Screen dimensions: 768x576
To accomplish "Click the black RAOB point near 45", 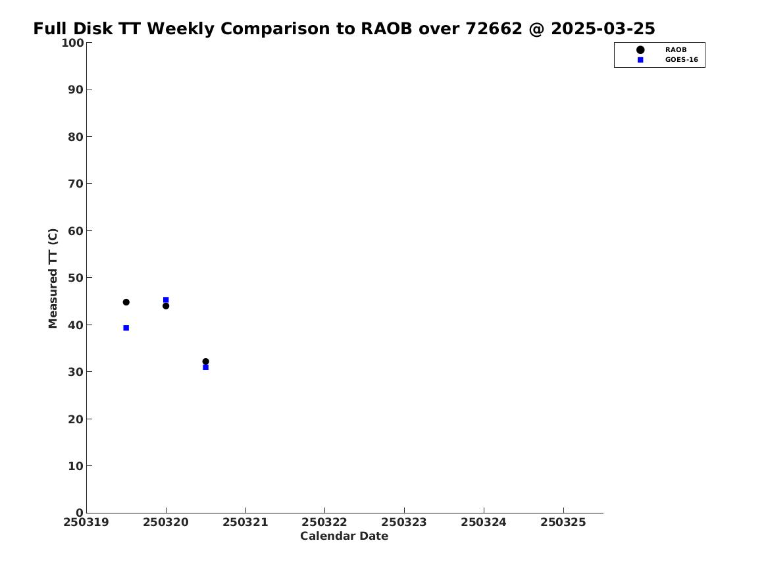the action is click(126, 302).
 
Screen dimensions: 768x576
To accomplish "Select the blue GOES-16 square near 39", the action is click(126, 328).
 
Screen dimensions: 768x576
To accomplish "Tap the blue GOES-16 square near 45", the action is click(166, 300).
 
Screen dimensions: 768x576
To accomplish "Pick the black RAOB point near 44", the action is click(166, 306).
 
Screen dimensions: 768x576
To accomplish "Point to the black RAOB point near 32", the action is click(206, 361).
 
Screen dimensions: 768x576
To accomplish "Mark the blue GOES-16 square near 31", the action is click(206, 367).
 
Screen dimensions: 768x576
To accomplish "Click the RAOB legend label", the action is click(676, 50).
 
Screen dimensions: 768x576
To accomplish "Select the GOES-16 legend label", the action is click(681, 60).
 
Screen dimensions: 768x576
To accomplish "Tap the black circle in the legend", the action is click(640, 50).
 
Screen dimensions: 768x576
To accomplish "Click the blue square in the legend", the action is click(640, 60).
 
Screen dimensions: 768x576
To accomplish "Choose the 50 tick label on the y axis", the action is click(76, 278).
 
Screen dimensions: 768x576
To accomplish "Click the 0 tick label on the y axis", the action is click(80, 513).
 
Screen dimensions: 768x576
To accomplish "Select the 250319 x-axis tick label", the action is click(86, 523).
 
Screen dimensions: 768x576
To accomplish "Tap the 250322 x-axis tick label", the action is click(324, 523).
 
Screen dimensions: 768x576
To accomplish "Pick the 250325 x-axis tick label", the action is click(563, 523).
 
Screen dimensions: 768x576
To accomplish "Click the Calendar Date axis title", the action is click(344, 537).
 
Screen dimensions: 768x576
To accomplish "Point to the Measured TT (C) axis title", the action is click(53, 278).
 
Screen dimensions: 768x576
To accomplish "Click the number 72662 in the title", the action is click(494, 29).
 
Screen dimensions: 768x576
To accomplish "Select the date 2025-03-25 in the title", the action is click(603, 29).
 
